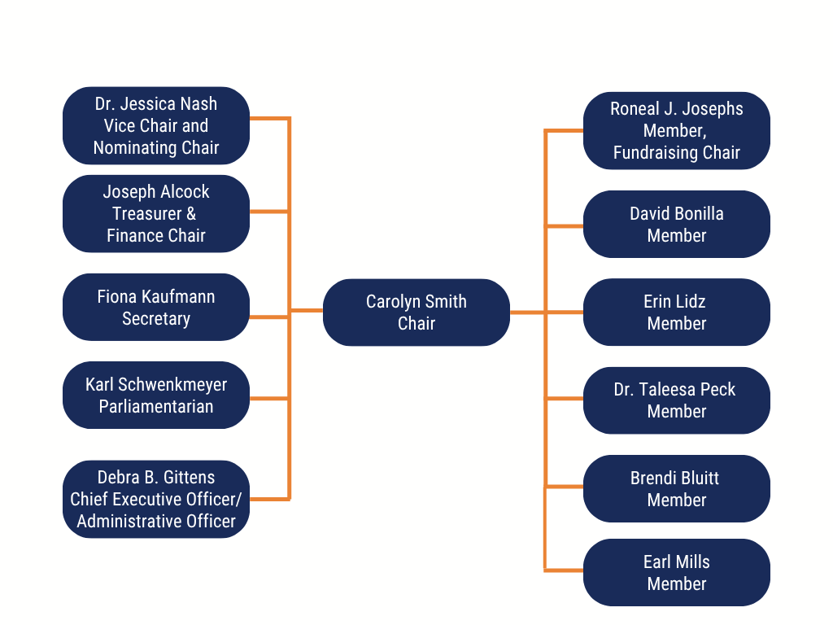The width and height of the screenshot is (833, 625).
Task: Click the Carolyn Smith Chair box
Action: pos(416,312)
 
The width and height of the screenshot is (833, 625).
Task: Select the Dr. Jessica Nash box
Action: pos(156,125)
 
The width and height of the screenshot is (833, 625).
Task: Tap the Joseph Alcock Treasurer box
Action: pos(156,214)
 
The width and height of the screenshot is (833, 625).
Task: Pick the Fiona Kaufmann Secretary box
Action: pos(156,307)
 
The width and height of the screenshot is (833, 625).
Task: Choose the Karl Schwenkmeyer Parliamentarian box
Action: pos(156,395)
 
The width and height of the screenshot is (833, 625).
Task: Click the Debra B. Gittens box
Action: pos(156,499)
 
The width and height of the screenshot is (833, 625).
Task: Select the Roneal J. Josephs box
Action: pos(676,131)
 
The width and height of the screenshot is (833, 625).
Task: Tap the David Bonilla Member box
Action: pos(676,225)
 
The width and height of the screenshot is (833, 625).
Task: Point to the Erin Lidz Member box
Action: pos(676,312)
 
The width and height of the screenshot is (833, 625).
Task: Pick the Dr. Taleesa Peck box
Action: pos(676,400)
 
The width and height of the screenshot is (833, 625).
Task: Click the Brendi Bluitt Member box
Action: pos(676,488)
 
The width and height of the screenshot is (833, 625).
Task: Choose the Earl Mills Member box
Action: pos(676,572)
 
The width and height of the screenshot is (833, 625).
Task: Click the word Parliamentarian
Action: pos(156,407)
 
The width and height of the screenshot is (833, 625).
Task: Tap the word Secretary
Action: pos(156,319)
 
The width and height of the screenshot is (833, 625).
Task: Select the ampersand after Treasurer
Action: pos(191,214)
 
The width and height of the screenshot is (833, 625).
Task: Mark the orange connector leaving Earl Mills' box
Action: pos(564,570)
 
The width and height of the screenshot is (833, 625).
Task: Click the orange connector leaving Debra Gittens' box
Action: pos(270,499)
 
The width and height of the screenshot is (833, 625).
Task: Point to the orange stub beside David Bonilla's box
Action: pos(564,226)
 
